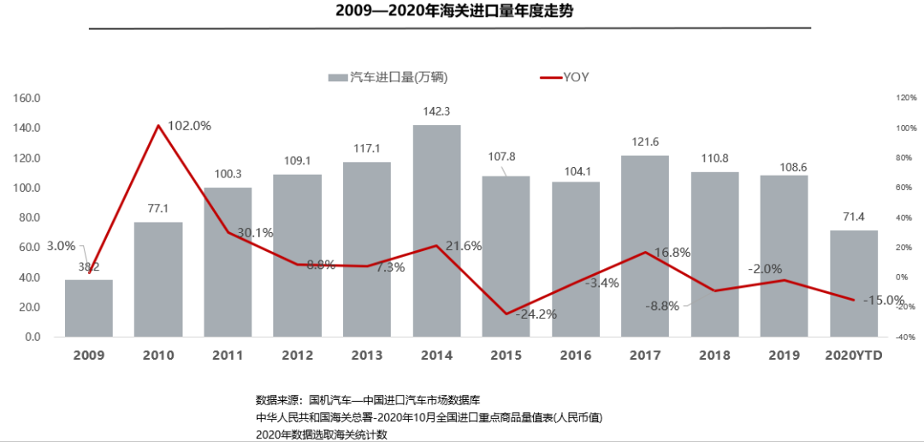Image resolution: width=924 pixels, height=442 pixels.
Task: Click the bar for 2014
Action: tap(436, 231)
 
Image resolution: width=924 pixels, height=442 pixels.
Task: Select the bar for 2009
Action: tap(89, 308)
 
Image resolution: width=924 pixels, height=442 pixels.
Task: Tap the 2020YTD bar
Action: tap(854, 284)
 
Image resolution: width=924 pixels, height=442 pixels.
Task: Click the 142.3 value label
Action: tap(436, 111)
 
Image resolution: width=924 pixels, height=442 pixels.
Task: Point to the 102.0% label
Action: tap(189, 125)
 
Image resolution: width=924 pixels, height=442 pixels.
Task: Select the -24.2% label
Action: tap(536, 314)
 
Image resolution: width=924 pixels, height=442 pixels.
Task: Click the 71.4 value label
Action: tap(854, 217)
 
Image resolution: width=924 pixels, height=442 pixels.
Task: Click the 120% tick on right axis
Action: tap(906, 98)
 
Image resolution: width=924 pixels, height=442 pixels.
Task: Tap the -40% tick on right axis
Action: tap(906, 337)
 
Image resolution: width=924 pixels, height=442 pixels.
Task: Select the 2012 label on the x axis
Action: tap(298, 355)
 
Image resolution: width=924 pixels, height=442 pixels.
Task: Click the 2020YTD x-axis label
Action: tap(854, 355)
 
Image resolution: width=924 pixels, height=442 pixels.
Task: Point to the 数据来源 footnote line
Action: tap(368, 400)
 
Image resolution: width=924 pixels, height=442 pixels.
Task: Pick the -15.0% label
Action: tap(884, 300)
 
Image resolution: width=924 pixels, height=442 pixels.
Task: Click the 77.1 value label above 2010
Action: tap(158, 208)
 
